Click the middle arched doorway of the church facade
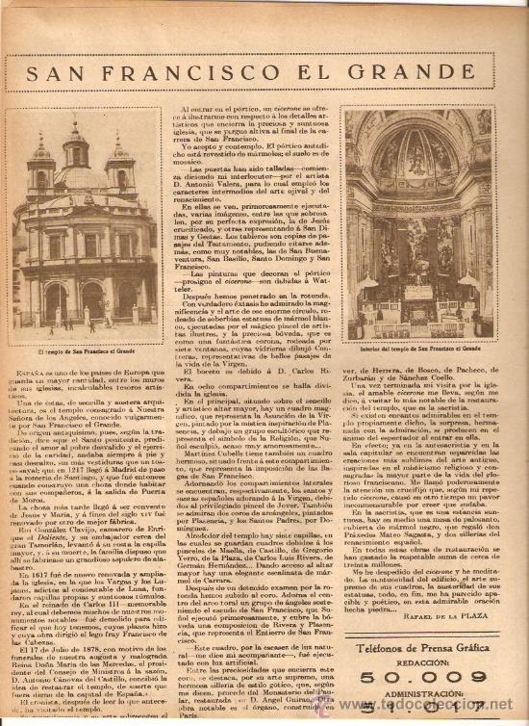[x=92, y=298]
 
